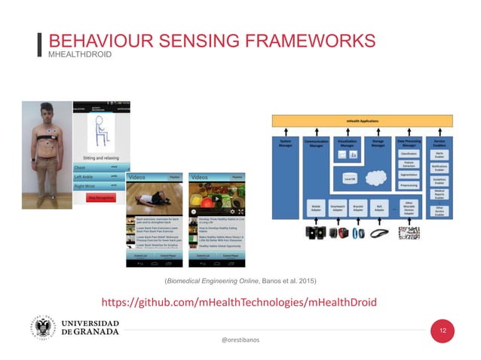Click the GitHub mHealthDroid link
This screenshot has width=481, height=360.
coord(238,302)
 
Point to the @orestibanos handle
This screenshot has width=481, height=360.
coord(240,340)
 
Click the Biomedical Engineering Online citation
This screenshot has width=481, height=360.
coord(240,281)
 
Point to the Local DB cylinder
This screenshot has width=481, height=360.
coord(349,178)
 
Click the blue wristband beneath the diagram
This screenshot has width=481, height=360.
coord(356,233)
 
